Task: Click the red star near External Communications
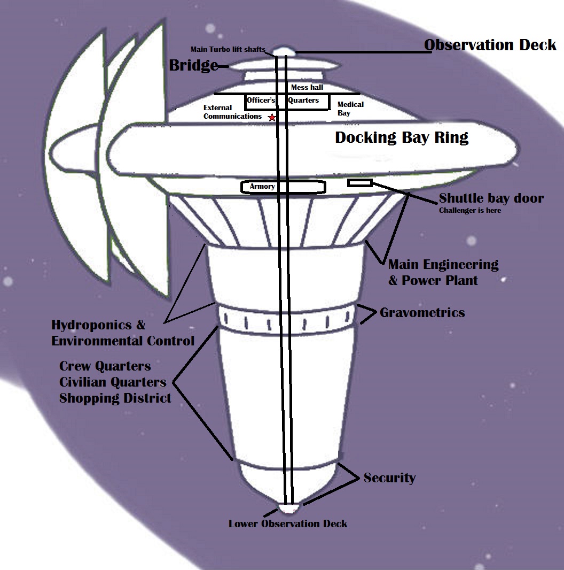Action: click(x=272, y=117)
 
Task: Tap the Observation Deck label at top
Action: click(x=490, y=45)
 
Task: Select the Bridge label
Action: click(x=193, y=66)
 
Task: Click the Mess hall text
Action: click(x=307, y=88)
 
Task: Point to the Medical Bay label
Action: click(x=350, y=109)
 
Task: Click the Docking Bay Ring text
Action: click(x=402, y=137)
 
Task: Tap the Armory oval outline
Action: click(x=283, y=187)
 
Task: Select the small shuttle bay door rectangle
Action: click(x=360, y=183)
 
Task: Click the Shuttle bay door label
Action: click(x=491, y=198)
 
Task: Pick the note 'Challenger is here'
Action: click(x=470, y=210)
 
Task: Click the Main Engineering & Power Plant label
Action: click(x=443, y=272)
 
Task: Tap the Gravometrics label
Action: click(x=422, y=312)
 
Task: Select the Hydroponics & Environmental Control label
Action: click(x=123, y=333)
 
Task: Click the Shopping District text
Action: click(x=115, y=398)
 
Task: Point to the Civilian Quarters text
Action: click(x=113, y=382)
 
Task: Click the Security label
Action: click(x=389, y=477)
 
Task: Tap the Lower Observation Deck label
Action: click(x=288, y=523)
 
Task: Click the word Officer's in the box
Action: click(x=261, y=100)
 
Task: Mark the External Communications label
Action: click(x=232, y=112)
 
